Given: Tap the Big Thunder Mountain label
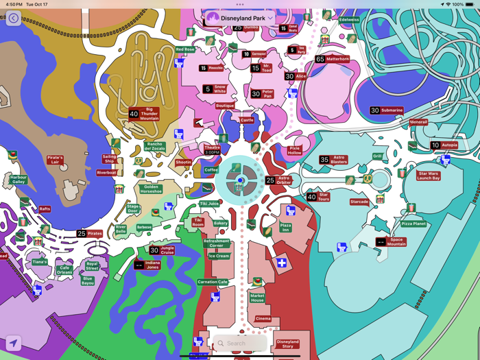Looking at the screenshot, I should pyautogui.click(x=149, y=114).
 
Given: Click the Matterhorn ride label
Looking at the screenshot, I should pyautogui.click(x=337, y=60).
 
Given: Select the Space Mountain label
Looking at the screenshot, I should pyautogui.click(x=396, y=241).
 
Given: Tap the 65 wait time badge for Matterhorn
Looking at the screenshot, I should pyautogui.click(x=320, y=60).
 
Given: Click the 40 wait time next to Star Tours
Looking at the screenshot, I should pyautogui.click(x=311, y=197).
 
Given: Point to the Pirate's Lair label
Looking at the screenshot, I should pyautogui.click(x=55, y=160).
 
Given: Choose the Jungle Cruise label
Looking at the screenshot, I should pyautogui.click(x=167, y=250).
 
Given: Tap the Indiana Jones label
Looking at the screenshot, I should pyautogui.click(x=152, y=264).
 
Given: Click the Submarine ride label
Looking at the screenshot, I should pyautogui.click(x=392, y=110).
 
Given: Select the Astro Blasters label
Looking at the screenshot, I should pyautogui.click(x=339, y=160).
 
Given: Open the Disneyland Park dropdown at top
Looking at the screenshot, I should pyautogui.click(x=240, y=18).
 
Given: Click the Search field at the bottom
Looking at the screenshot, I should pyautogui.click(x=239, y=344).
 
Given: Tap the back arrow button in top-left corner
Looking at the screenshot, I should pyautogui.click(x=14, y=19).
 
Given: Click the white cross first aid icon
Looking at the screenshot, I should pyautogui.click(x=282, y=263).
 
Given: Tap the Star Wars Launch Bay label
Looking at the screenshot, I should pyautogui.click(x=429, y=176).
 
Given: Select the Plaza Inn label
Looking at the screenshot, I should pyautogui.click(x=285, y=227).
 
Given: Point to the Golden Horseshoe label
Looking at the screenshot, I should pyautogui.click(x=151, y=189).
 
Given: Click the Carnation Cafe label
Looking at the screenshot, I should pyautogui.click(x=213, y=282).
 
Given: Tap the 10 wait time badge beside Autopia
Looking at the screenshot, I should pyautogui.click(x=435, y=145).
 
